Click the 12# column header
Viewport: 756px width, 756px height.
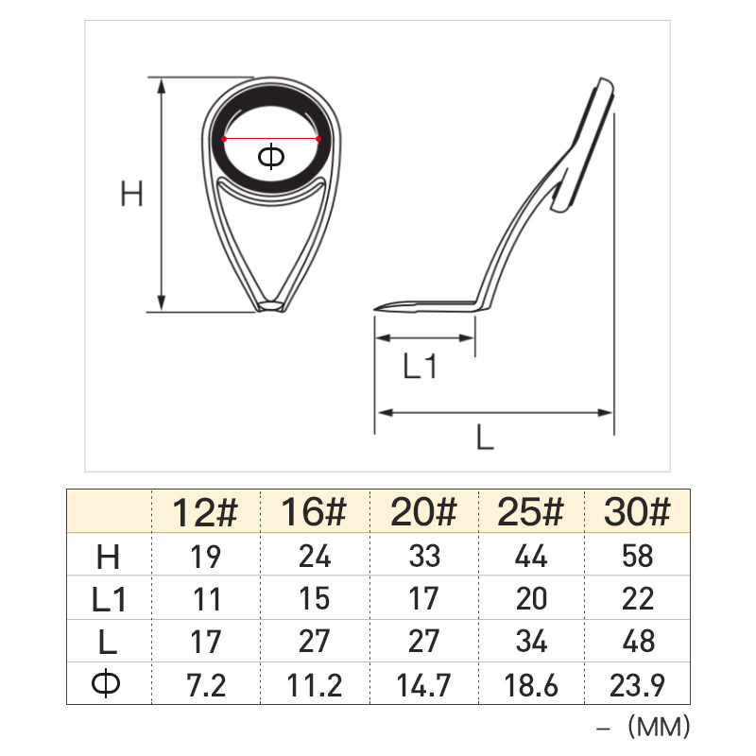[205, 512]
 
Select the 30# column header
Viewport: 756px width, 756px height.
[637, 511]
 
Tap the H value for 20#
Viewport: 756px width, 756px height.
[424, 556]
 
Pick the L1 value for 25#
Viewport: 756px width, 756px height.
[531, 599]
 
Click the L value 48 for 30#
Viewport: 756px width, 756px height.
[639, 642]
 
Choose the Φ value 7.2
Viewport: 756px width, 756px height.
[206, 685]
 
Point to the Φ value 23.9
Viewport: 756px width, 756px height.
[637, 685]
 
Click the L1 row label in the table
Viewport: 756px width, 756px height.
[109, 600]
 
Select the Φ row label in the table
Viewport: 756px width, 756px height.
[106, 684]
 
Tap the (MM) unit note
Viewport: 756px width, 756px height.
[659, 727]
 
